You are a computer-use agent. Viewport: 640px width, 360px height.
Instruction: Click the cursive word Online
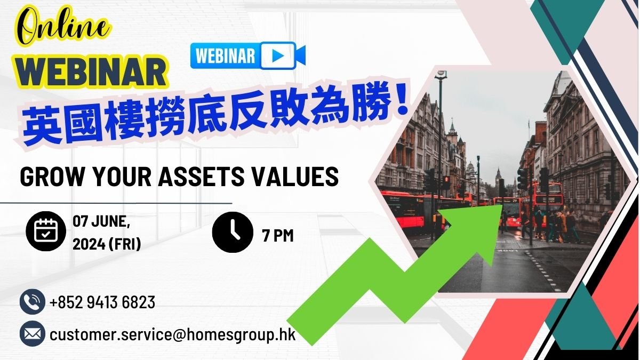(64, 28)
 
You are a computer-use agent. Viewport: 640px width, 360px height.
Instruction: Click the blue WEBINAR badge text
(226, 55)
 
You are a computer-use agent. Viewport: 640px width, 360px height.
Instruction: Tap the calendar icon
(46, 231)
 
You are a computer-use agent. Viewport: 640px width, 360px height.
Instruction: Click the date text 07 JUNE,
(101, 221)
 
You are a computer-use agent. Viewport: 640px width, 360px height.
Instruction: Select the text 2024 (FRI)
(107, 244)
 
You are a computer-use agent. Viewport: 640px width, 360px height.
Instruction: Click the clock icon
(233, 232)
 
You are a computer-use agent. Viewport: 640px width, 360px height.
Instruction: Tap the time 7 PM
(278, 235)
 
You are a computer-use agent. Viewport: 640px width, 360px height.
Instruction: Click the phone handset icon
(33, 302)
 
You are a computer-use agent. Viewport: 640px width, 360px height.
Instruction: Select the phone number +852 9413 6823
(102, 302)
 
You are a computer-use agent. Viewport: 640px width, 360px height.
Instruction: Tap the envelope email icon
(33, 334)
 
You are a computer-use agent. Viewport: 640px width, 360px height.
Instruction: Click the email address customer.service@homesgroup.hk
(173, 334)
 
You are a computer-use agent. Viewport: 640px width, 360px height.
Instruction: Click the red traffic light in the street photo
(446, 179)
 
